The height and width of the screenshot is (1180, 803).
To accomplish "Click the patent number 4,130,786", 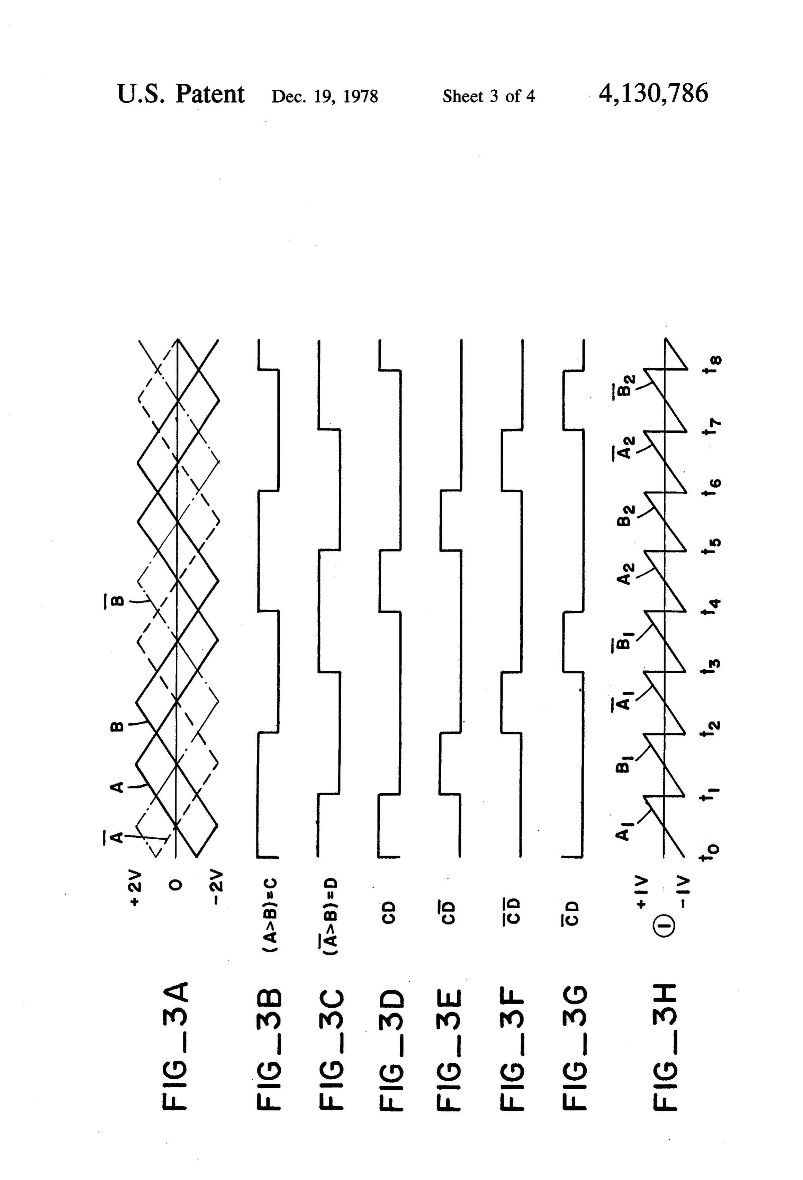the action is [653, 94].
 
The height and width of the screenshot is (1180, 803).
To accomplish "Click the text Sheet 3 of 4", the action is [488, 96].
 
